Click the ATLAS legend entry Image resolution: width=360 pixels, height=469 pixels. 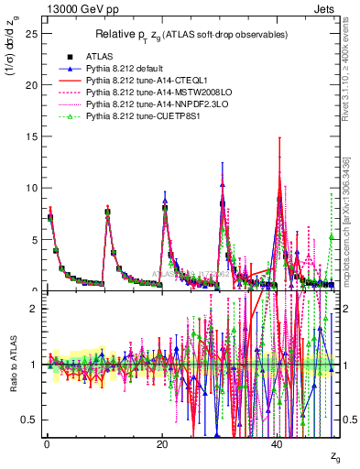pyautogui.click(x=98, y=57)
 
